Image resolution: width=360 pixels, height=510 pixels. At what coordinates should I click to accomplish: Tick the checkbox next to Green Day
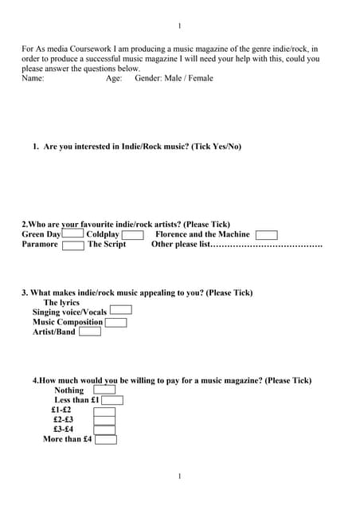(72, 234)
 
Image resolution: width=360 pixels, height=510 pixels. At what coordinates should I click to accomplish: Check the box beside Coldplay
(132, 235)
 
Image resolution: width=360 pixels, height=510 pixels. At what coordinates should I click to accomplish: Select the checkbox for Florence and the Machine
(267, 235)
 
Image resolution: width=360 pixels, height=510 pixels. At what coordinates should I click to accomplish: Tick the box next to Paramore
(73, 245)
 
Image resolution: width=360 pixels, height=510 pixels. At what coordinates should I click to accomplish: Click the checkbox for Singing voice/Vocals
(120, 311)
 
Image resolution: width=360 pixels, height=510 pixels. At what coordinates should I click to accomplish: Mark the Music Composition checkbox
(116, 322)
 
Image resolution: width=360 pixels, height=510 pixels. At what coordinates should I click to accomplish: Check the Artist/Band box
(90, 331)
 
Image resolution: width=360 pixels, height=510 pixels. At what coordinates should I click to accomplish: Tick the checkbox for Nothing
(104, 390)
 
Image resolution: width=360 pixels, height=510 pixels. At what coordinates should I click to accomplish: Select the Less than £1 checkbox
(112, 400)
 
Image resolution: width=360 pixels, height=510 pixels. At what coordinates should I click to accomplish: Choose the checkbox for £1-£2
(104, 410)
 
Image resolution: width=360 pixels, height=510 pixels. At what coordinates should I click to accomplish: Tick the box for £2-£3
(104, 420)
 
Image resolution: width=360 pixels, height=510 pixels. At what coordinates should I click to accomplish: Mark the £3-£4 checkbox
(104, 430)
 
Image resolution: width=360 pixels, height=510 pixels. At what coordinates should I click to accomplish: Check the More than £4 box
(105, 439)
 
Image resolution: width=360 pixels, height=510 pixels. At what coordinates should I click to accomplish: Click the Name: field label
(33, 78)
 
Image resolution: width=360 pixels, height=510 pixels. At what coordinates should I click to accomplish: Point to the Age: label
(114, 78)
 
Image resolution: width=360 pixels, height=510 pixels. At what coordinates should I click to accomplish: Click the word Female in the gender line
(199, 78)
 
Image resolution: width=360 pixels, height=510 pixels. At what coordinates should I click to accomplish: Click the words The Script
(107, 245)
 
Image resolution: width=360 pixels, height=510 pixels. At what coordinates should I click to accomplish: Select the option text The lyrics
(61, 303)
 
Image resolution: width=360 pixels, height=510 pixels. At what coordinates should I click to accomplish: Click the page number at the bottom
(180, 477)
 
